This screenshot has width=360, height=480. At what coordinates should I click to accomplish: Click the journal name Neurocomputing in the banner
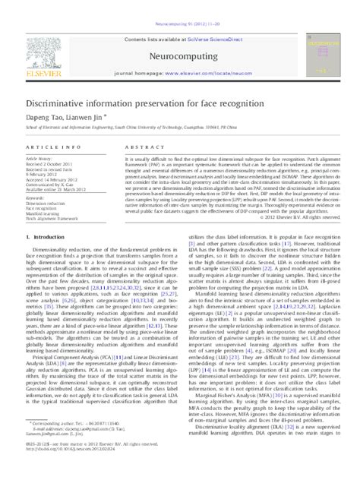[181, 35]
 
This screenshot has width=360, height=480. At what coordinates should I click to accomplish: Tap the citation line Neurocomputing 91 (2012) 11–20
[179, 6]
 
